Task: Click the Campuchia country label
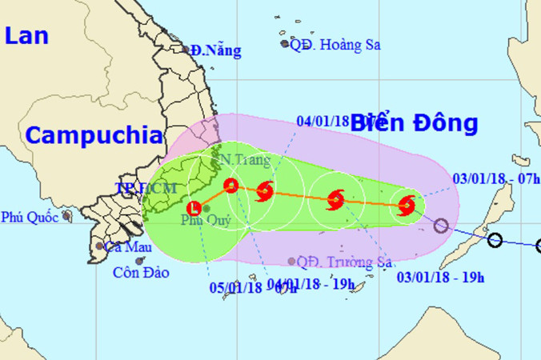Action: [x=94, y=135]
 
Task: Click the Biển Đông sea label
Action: [x=414, y=122]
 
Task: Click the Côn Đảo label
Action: [x=141, y=273]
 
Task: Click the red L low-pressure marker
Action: [x=194, y=209]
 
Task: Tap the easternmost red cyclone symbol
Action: [x=407, y=206]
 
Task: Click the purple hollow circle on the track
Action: [x=440, y=226]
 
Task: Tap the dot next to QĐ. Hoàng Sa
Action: [x=285, y=44]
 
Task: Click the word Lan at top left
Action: [x=25, y=36]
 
